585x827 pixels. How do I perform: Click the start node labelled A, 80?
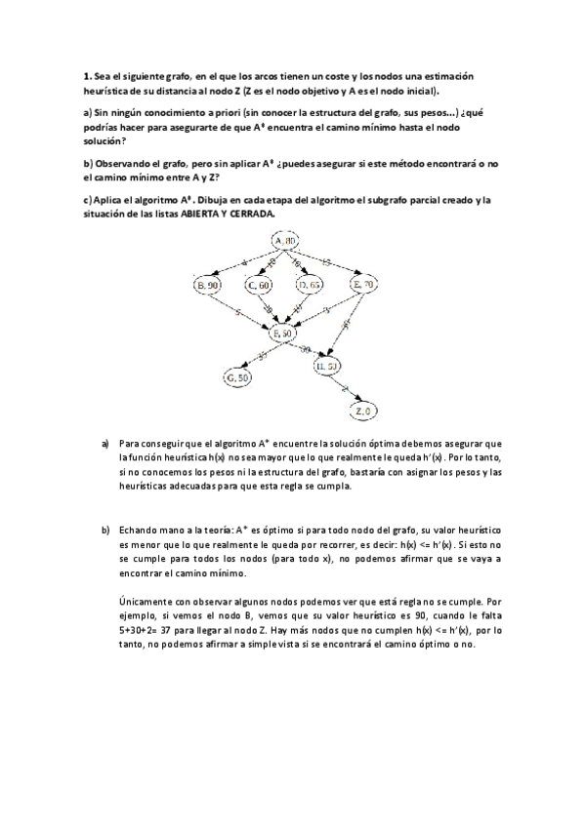pos(285,240)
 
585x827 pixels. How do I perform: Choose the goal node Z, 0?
pos(364,411)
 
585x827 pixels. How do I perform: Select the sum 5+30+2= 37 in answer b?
pos(151,630)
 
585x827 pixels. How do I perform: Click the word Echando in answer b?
pos(137,530)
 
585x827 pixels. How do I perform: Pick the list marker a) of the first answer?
pos(104,444)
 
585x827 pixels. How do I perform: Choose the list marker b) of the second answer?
pos(104,530)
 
